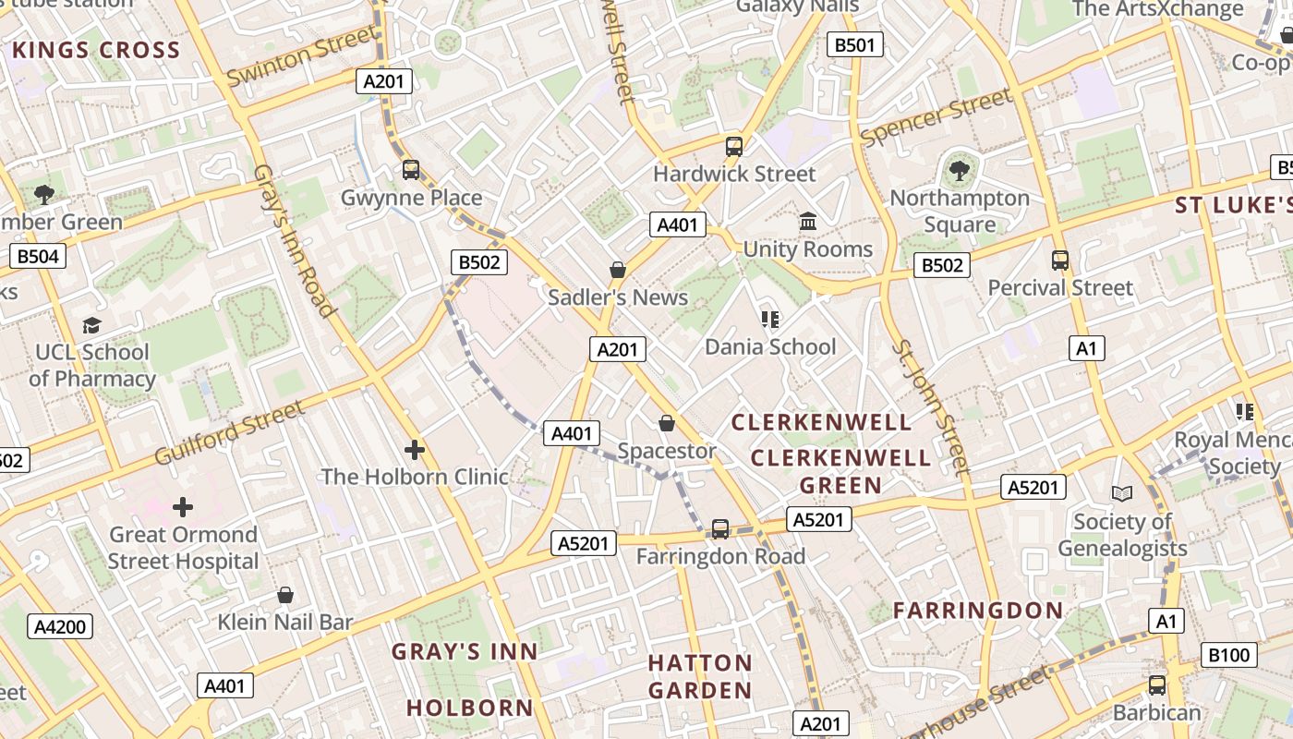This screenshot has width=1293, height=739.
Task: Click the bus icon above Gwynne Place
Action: [x=411, y=170]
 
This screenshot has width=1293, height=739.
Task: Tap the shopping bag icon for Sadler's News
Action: [x=618, y=270]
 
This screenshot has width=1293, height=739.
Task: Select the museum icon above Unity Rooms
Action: [x=808, y=222]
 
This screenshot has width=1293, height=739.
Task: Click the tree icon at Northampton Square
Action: [x=960, y=170]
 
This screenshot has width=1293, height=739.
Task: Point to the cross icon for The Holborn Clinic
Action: [x=415, y=450]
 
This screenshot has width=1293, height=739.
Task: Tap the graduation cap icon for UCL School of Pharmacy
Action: [x=91, y=325]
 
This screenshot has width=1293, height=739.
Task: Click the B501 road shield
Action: [x=854, y=44]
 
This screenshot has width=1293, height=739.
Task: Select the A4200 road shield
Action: [x=60, y=627]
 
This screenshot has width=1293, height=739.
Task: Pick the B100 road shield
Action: [x=1229, y=655]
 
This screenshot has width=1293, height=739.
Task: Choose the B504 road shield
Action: [x=38, y=256]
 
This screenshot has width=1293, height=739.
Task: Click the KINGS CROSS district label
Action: [x=96, y=51]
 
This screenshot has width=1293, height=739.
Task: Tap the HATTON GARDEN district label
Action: [x=700, y=676]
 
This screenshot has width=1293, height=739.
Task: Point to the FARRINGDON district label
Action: [x=978, y=610]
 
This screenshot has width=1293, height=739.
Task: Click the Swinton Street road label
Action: [x=301, y=56]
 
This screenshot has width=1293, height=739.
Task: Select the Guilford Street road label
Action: [x=229, y=432]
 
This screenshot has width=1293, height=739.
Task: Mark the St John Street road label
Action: [x=931, y=406]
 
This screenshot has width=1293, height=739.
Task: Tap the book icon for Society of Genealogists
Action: [x=1122, y=494]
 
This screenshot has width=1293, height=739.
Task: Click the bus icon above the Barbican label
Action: [x=1156, y=685]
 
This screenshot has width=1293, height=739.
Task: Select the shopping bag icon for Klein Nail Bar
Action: [x=285, y=595]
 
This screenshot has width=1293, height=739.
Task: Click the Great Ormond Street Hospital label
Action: [x=184, y=548]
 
